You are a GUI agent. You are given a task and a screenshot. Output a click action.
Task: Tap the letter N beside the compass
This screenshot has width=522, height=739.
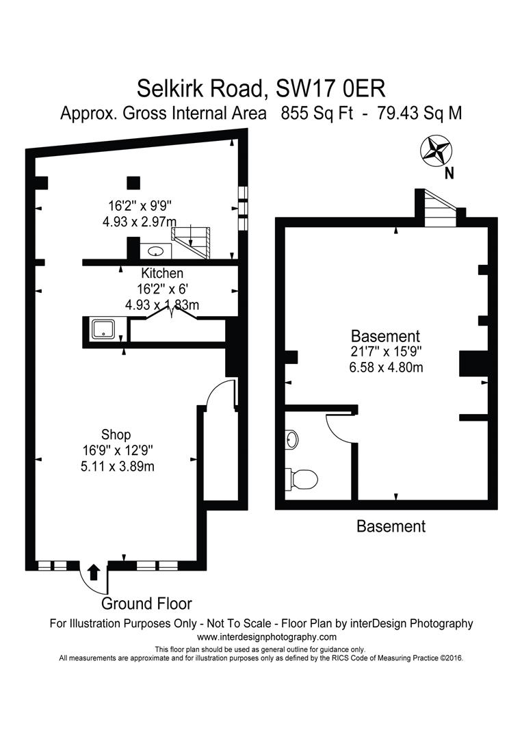[449, 173]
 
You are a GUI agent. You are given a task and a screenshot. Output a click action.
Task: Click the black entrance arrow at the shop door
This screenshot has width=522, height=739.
[94, 571]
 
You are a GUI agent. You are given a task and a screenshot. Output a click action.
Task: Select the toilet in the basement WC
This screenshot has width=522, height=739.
[302, 479]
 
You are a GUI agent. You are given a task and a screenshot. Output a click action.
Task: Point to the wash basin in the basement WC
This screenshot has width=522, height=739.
[292, 439]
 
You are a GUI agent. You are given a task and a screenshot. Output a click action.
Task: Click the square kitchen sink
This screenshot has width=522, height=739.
[104, 328]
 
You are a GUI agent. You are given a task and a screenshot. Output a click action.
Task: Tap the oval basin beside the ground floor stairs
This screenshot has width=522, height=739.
[155, 251]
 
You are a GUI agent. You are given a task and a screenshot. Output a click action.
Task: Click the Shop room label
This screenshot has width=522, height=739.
[116, 435]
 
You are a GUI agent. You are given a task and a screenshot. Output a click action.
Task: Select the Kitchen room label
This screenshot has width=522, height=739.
[162, 273]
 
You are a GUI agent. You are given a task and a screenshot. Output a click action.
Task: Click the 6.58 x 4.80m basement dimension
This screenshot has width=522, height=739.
[386, 367]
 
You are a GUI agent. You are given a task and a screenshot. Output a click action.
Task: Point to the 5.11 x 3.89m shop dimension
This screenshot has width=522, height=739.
[117, 467]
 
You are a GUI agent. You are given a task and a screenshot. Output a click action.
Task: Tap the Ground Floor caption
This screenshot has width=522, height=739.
[146, 604]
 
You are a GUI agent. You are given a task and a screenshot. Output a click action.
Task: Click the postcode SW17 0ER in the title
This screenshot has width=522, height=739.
[330, 88]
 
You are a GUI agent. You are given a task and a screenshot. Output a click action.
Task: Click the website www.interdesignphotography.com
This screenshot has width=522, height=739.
[267, 637]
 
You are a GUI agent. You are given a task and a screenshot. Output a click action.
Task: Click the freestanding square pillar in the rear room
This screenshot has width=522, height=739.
[133, 183]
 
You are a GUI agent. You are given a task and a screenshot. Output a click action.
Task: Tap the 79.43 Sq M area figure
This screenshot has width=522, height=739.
[419, 114]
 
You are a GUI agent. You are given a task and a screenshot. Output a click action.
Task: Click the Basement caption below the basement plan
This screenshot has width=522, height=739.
[391, 526]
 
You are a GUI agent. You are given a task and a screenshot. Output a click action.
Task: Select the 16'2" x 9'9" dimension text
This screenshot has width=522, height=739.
[140, 206]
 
